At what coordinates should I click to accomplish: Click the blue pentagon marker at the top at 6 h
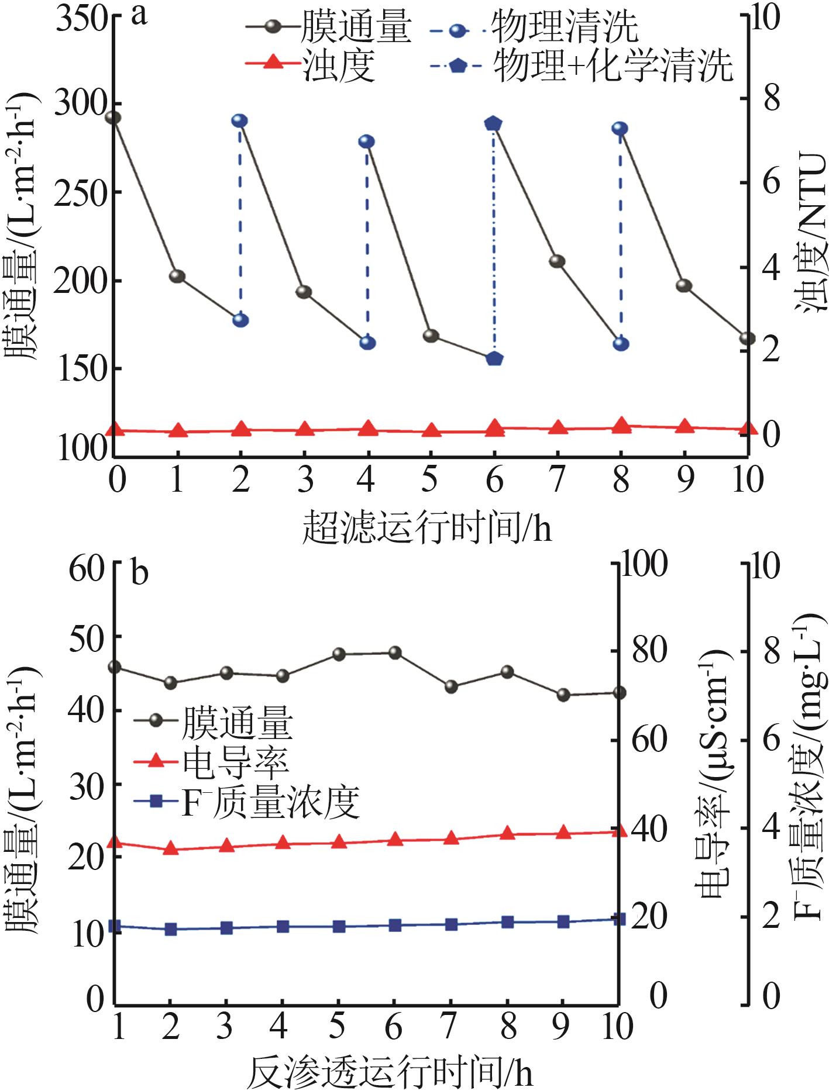point(494,123)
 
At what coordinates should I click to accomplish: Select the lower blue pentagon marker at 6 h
point(494,358)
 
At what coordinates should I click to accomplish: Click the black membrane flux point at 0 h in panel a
point(113,118)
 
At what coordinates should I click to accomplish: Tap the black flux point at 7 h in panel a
point(558,261)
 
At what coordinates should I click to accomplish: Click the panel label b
point(140,574)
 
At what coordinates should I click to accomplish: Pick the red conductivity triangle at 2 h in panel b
point(170,848)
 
